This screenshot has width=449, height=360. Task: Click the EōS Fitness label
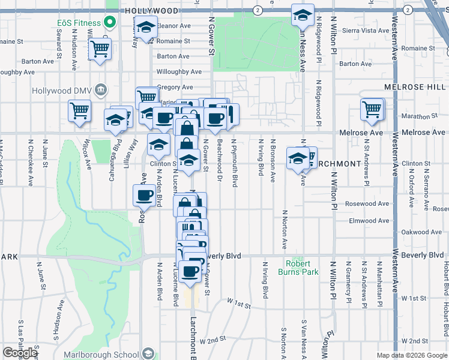77,23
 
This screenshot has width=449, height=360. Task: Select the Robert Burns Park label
298,268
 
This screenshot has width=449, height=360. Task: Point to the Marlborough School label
110,354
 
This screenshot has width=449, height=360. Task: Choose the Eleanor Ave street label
173,26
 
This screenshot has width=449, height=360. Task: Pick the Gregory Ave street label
175,88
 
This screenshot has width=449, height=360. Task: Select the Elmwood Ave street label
371,220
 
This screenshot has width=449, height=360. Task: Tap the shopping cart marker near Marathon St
373,110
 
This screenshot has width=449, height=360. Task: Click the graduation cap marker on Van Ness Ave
303,16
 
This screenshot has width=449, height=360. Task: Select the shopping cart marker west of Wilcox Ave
80,112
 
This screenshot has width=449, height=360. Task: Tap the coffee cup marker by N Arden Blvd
145,196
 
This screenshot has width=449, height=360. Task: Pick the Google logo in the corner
20,353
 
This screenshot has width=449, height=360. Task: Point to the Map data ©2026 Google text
411,355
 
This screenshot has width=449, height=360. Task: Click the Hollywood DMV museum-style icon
100,91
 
